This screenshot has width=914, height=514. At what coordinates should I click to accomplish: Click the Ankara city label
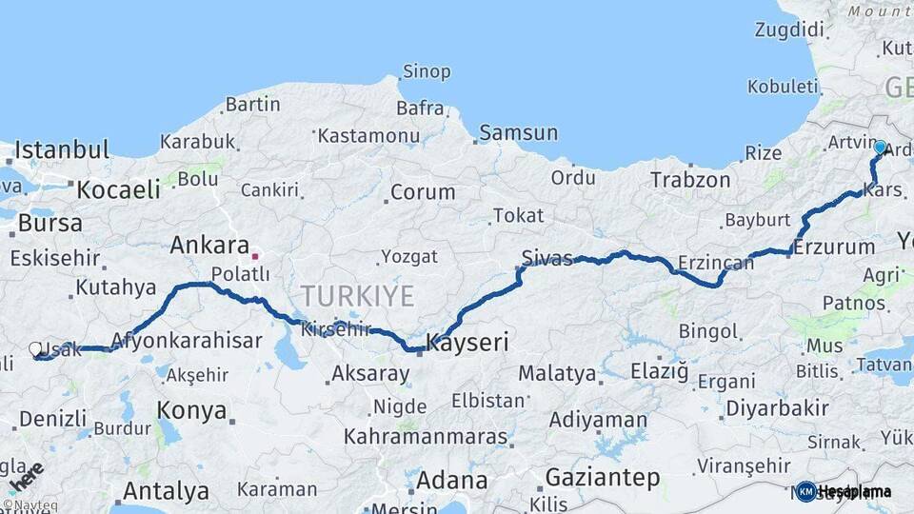[209, 245]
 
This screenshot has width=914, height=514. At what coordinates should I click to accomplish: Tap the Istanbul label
[62, 149]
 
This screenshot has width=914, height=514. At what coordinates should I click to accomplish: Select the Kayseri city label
[467, 341]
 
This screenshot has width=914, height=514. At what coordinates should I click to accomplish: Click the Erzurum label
[834, 247]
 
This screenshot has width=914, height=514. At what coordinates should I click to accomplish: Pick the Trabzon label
[690, 179]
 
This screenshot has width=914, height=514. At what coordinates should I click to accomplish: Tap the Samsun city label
[518, 132]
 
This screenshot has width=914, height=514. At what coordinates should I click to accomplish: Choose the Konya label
[193, 411]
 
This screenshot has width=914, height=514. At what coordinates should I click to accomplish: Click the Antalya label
[166, 491]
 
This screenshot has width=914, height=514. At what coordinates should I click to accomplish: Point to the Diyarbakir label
[777, 408]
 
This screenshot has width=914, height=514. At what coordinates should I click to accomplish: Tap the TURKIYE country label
[357, 296]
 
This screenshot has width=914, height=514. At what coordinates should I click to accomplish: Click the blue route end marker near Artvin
[880, 148]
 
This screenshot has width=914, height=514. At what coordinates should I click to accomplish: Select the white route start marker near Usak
[36, 349]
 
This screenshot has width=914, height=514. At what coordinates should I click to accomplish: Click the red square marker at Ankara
[254, 256]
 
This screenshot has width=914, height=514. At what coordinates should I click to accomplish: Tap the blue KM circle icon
[806, 491]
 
